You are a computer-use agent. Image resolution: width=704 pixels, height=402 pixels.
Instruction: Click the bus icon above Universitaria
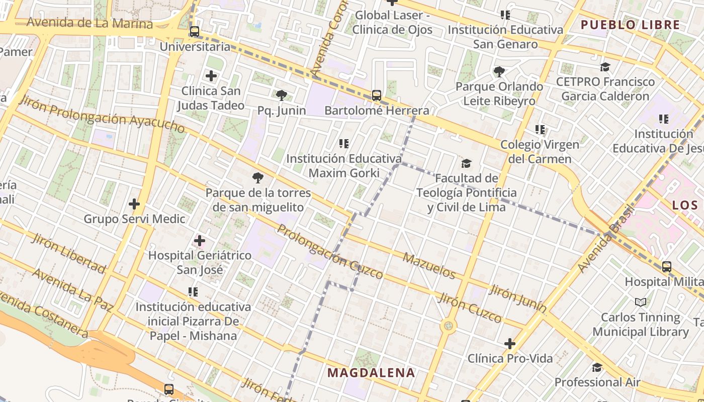tap(194, 32)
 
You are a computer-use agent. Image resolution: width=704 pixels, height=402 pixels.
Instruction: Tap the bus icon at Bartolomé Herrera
tap(376, 95)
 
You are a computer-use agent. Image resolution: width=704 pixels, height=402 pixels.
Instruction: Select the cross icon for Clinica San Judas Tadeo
tap(211, 76)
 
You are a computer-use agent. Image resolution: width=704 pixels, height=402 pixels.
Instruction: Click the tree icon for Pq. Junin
tap(282, 95)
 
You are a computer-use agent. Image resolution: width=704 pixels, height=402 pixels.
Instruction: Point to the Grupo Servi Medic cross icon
tap(134, 204)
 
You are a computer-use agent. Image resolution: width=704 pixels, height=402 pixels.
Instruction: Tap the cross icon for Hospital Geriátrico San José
tap(200, 241)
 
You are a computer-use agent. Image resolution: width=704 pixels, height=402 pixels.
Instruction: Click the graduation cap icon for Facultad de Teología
tap(467, 163)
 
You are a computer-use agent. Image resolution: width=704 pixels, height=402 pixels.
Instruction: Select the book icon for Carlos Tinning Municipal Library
tap(641, 302)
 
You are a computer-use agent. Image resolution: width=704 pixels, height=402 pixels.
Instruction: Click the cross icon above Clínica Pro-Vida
tap(510, 344)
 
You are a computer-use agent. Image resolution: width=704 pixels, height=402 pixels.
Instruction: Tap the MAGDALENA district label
tap(371, 372)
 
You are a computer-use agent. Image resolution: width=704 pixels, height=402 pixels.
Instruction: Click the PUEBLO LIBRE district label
tap(630, 25)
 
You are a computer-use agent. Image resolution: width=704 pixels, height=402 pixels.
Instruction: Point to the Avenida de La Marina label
tap(90, 23)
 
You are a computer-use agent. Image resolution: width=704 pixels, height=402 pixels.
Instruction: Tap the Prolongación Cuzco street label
tap(330, 252)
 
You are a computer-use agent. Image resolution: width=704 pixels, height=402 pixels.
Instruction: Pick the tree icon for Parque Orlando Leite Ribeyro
tap(499, 71)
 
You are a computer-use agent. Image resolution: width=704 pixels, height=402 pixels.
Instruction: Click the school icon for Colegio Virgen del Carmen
tap(540, 130)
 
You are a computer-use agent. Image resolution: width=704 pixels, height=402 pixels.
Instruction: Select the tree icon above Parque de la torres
tap(258, 177)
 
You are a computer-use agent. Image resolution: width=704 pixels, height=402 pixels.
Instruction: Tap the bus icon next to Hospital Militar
tap(667, 267)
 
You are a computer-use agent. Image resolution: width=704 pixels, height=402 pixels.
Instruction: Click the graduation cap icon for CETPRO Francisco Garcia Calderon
tap(605, 67)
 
